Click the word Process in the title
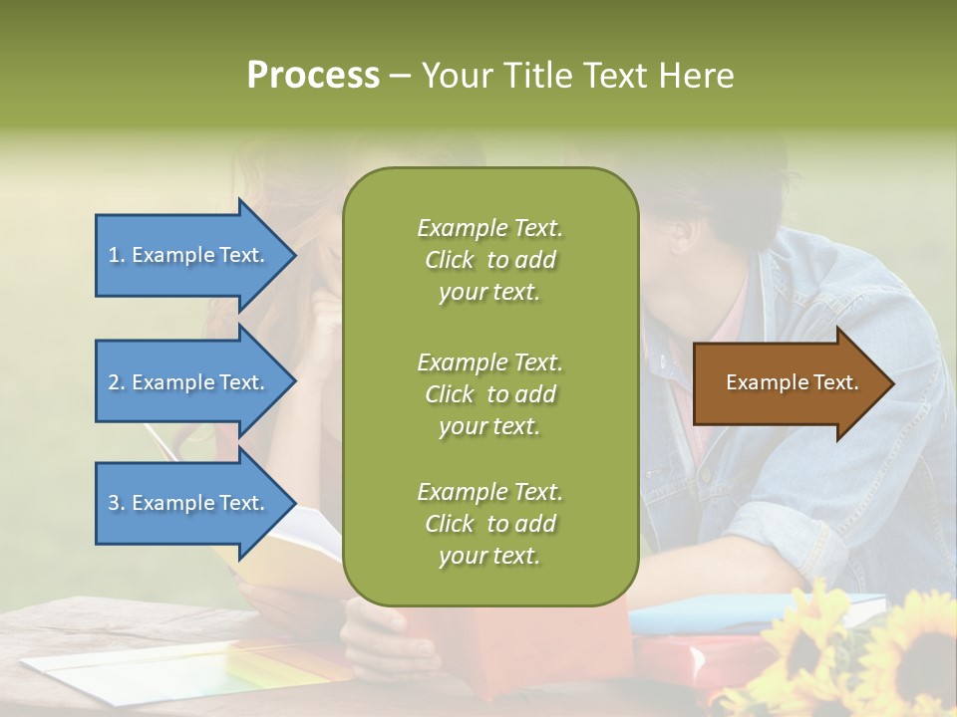click(x=313, y=76)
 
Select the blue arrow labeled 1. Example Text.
click(x=189, y=255)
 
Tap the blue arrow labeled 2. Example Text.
click(x=189, y=382)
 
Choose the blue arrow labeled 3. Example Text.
click(x=189, y=503)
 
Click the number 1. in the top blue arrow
click(x=117, y=255)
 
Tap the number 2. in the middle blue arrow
click(x=117, y=382)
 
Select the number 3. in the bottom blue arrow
click(x=117, y=503)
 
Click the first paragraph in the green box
click(x=489, y=260)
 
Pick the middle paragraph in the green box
click(x=489, y=394)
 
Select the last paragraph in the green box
click(x=489, y=524)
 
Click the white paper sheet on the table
click(x=150, y=672)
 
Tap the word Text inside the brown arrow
click(x=835, y=382)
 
